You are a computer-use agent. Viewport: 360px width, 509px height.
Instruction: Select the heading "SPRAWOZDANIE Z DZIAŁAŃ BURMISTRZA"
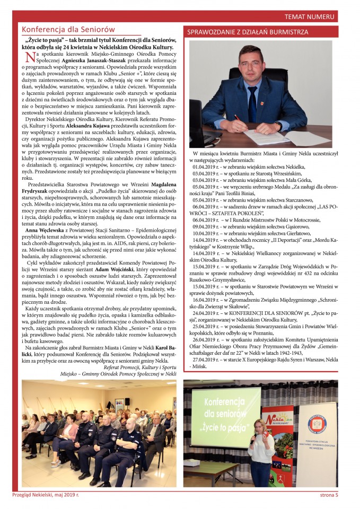tap(248, 32)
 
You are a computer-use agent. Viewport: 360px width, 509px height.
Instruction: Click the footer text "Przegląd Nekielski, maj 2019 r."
tap(46, 495)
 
